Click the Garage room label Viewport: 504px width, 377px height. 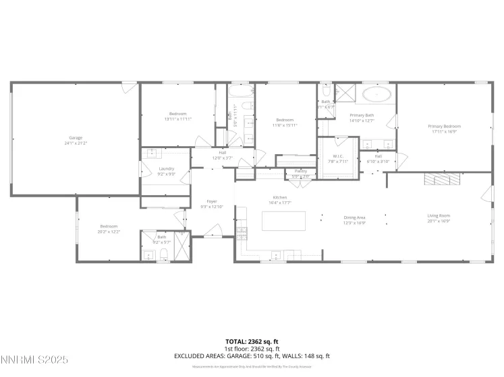point(76,137)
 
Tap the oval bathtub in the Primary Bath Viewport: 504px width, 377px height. point(375,94)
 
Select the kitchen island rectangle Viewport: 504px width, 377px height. point(283,220)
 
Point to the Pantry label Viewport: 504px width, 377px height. point(300,171)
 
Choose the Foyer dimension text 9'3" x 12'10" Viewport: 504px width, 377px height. point(212,206)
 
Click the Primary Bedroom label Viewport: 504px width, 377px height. point(444,126)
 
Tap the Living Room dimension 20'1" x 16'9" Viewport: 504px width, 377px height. point(439,221)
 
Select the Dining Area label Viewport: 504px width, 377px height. point(355,217)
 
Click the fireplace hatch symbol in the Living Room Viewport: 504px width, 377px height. point(443,178)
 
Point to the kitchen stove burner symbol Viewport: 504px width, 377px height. point(242,233)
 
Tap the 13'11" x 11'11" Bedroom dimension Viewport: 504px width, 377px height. point(178,118)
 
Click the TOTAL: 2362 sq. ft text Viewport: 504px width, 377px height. point(252,342)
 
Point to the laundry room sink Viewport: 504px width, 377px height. point(152,153)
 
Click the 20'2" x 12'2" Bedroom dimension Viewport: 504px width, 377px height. point(109,231)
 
